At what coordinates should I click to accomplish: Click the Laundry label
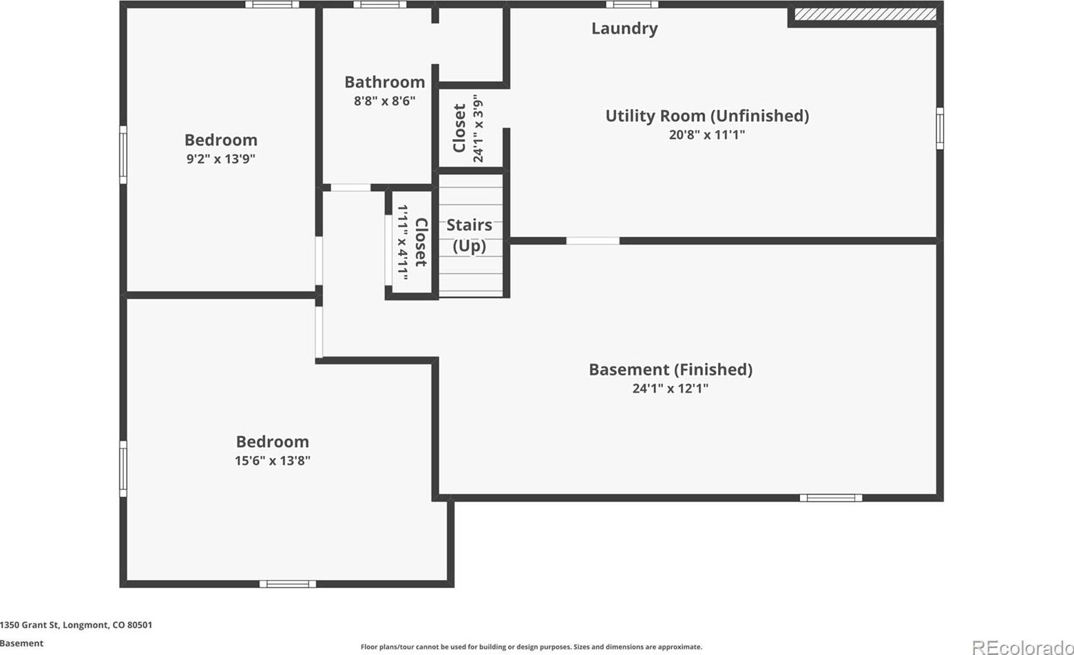[624, 29]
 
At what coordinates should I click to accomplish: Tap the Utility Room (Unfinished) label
[707, 116]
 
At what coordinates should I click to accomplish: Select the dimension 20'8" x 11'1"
[707, 135]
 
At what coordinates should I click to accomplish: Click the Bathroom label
[385, 83]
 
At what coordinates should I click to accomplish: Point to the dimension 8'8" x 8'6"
[385, 101]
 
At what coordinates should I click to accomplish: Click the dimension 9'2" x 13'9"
[220, 158]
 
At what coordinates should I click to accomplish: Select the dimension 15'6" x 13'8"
[273, 461]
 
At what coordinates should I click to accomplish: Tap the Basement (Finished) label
[671, 370]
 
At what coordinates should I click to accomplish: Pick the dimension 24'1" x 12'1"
[671, 388]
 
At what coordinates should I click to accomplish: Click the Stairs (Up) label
[470, 236]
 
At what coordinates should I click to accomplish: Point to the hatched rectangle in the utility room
[865, 14]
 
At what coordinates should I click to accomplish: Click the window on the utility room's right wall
[940, 129]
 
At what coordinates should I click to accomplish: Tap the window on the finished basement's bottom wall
[830, 498]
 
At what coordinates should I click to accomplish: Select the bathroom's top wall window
[380, 5]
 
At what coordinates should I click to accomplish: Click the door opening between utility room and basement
[593, 240]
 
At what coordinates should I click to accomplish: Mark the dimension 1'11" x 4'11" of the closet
[403, 242]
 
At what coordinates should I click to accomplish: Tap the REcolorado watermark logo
[1022, 648]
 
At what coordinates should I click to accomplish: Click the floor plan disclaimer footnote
[531, 647]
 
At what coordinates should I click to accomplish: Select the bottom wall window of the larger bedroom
[288, 583]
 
